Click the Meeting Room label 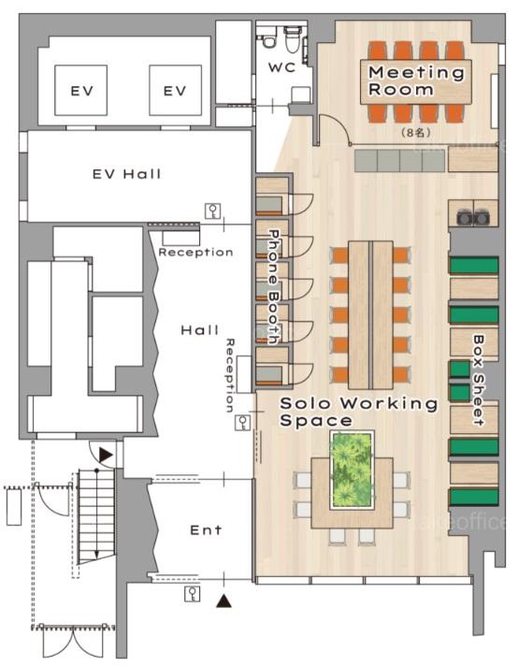click(x=416, y=80)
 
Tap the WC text click(x=281, y=67)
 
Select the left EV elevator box click(x=80, y=90)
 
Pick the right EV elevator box click(x=175, y=90)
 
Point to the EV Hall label click(x=127, y=174)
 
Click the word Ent click(x=206, y=530)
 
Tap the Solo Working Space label click(x=358, y=412)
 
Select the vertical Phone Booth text click(x=274, y=286)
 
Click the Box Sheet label click(x=479, y=381)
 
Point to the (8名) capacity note click(x=416, y=133)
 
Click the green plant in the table click(x=352, y=470)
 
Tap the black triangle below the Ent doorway click(x=223, y=601)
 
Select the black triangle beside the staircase click(x=106, y=455)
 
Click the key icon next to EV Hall click(x=212, y=211)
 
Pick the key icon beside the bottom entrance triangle click(x=193, y=593)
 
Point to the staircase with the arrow click(x=97, y=516)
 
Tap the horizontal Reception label click(x=195, y=253)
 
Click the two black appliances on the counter click(x=472, y=217)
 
